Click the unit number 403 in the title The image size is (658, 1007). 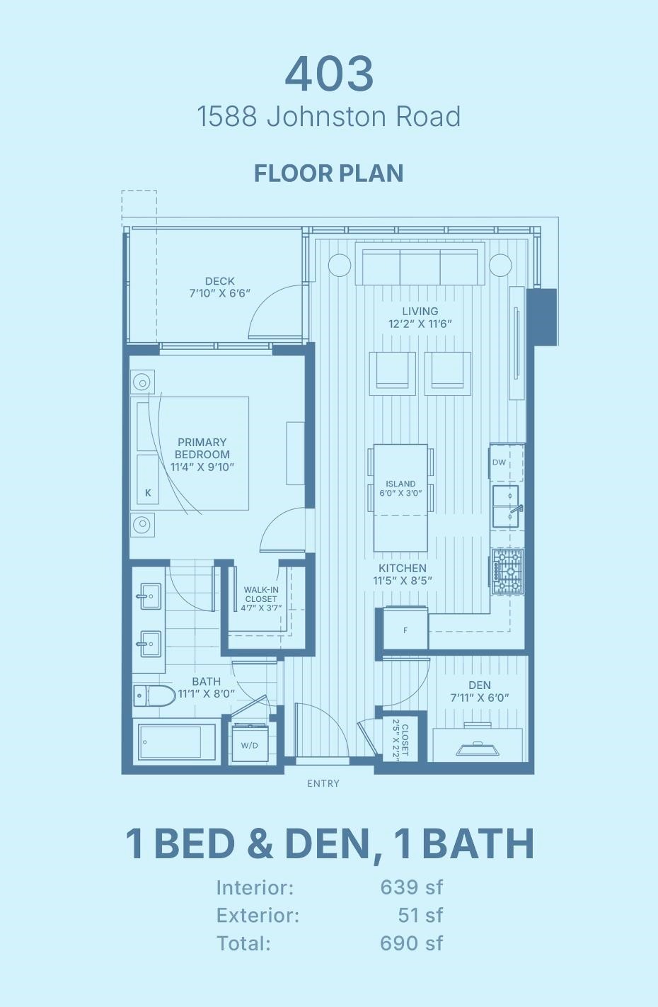(329, 74)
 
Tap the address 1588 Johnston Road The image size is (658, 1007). (329, 117)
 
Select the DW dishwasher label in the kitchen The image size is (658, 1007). (500, 462)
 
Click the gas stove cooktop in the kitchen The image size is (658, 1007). (507, 571)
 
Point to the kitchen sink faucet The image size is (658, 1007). (515, 509)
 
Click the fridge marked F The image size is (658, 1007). (405, 630)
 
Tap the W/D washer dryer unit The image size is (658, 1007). (249, 744)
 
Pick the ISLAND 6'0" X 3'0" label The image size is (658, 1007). (400, 489)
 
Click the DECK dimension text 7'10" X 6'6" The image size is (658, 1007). (220, 293)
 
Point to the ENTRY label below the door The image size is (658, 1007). (323, 783)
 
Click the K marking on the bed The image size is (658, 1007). (148, 493)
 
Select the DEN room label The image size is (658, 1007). (480, 685)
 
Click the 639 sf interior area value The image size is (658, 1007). (411, 887)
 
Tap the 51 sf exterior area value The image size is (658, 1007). (420, 915)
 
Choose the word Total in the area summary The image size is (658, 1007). (243, 943)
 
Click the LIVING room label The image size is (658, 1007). (420, 311)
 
